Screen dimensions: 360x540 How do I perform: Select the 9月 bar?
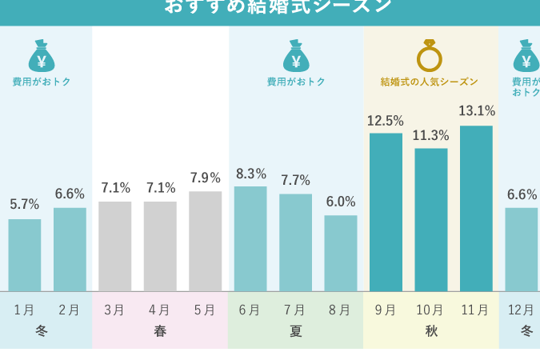[x=386, y=212]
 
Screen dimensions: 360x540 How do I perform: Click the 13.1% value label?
[x=477, y=111]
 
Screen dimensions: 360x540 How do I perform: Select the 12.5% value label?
[x=386, y=121]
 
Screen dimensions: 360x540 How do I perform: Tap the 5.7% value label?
[x=25, y=205]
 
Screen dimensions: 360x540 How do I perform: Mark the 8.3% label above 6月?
[x=250, y=174]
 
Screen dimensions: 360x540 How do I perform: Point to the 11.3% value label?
[x=431, y=135]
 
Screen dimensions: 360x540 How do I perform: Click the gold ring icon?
[x=430, y=55]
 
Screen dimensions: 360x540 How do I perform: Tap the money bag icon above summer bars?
[x=296, y=56]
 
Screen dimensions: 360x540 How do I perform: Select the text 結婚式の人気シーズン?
[x=430, y=82]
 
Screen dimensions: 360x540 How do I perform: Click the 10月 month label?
[x=430, y=310]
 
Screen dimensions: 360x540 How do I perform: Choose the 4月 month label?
[x=160, y=310]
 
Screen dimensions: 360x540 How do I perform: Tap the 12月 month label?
[x=522, y=310]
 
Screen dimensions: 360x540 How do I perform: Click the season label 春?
[x=160, y=330]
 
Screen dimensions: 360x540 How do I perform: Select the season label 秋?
[x=431, y=330]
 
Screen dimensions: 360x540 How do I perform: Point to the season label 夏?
[x=296, y=330]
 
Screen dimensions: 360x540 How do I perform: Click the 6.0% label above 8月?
[x=341, y=202]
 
